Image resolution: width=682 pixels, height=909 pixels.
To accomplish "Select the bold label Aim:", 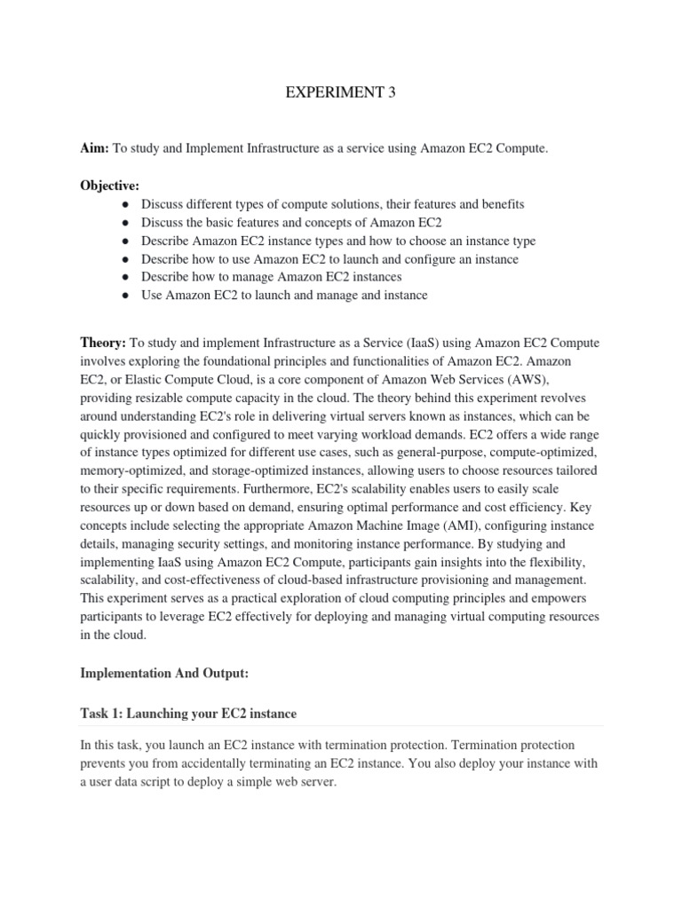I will pos(95,150).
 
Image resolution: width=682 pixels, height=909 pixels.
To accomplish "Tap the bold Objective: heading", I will pos(110,186).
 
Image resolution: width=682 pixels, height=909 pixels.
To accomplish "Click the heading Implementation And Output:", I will pos(164,674).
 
